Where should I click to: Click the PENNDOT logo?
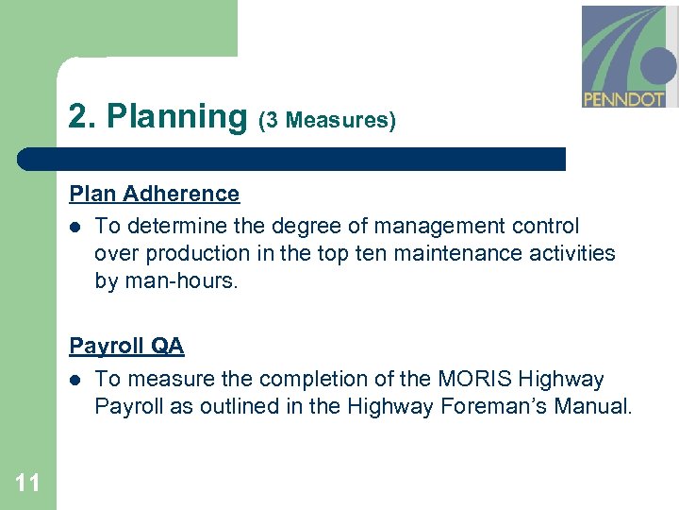click(x=628, y=57)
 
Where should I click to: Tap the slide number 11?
click(x=27, y=484)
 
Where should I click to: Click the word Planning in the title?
click(x=176, y=116)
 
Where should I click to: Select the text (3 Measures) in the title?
click(x=326, y=120)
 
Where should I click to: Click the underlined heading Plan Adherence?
click(x=154, y=194)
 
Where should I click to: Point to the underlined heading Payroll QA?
click(x=126, y=347)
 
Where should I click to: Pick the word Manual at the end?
click(x=597, y=407)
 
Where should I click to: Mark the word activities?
click(x=575, y=253)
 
